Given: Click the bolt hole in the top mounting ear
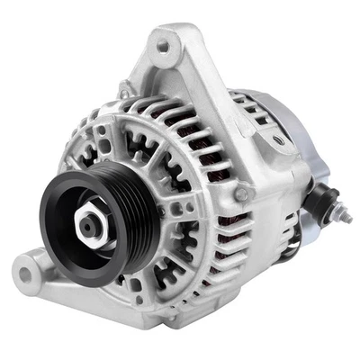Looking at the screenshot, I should click(163, 45).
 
